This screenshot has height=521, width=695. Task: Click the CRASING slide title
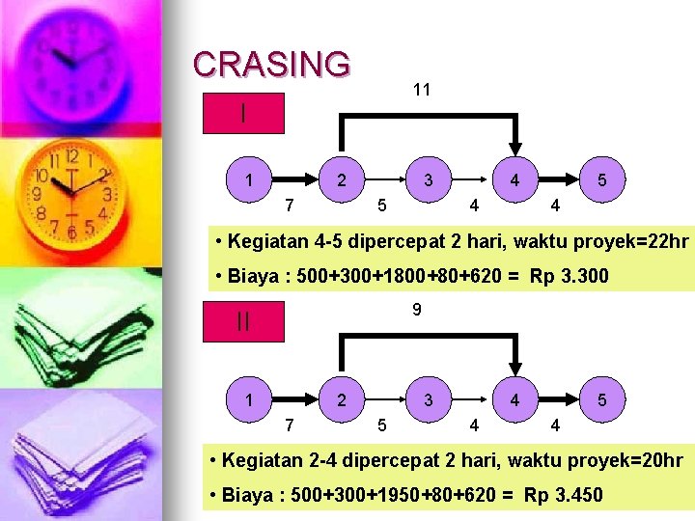click(x=271, y=64)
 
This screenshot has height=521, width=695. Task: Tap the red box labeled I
click(x=243, y=113)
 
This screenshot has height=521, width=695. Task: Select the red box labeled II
click(x=243, y=322)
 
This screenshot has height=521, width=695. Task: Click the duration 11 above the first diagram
click(x=421, y=90)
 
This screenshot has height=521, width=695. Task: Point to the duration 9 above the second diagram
click(x=416, y=310)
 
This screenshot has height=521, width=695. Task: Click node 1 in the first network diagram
click(x=250, y=179)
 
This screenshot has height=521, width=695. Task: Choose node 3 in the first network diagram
click(x=428, y=179)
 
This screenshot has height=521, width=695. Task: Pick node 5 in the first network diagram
click(x=602, y=179)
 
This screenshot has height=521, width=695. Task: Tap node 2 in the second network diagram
click(x=341, y=398)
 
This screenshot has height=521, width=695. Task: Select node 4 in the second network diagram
click(x=515, y=398)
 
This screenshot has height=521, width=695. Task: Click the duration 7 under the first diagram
click(x=290, y=205)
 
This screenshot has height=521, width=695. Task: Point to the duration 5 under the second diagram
click(x=382, y=424)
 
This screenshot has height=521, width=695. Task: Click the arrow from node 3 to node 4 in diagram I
click(x=471, y=179)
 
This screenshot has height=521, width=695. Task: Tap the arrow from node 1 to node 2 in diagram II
click(x=295, y=398)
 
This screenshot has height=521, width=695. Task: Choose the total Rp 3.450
click(x=563, y=496)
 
